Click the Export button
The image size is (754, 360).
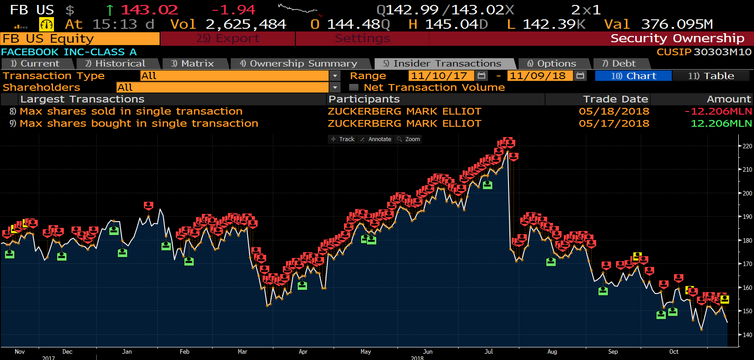pyautogui.click(x=228, y=39)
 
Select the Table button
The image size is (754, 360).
pyautogui.click(x=711, y=76)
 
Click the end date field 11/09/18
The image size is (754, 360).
pyautogui.click(x=537, y=76)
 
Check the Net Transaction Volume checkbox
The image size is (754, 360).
pyautogui.click(x=354, y=88)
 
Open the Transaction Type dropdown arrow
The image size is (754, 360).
pyautogui.click(x=335, y=76)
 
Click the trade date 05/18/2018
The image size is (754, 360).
pyautogui.click(x=614, y=111)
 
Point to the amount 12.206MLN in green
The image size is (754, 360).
pyautogui.click(x=721, y=124)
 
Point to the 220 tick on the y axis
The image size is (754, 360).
pyautogui.click(x=747, y=146)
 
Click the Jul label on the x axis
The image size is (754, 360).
pyautogui.click(x=489, y=352)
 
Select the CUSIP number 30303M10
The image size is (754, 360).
pyautogui.click(x=722, y=52)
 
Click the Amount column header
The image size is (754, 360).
pyautogui.click(x=728, y=99)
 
